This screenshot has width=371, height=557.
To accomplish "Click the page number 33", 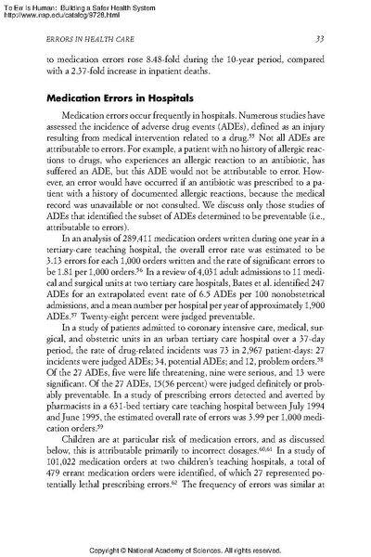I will [318, 39].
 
